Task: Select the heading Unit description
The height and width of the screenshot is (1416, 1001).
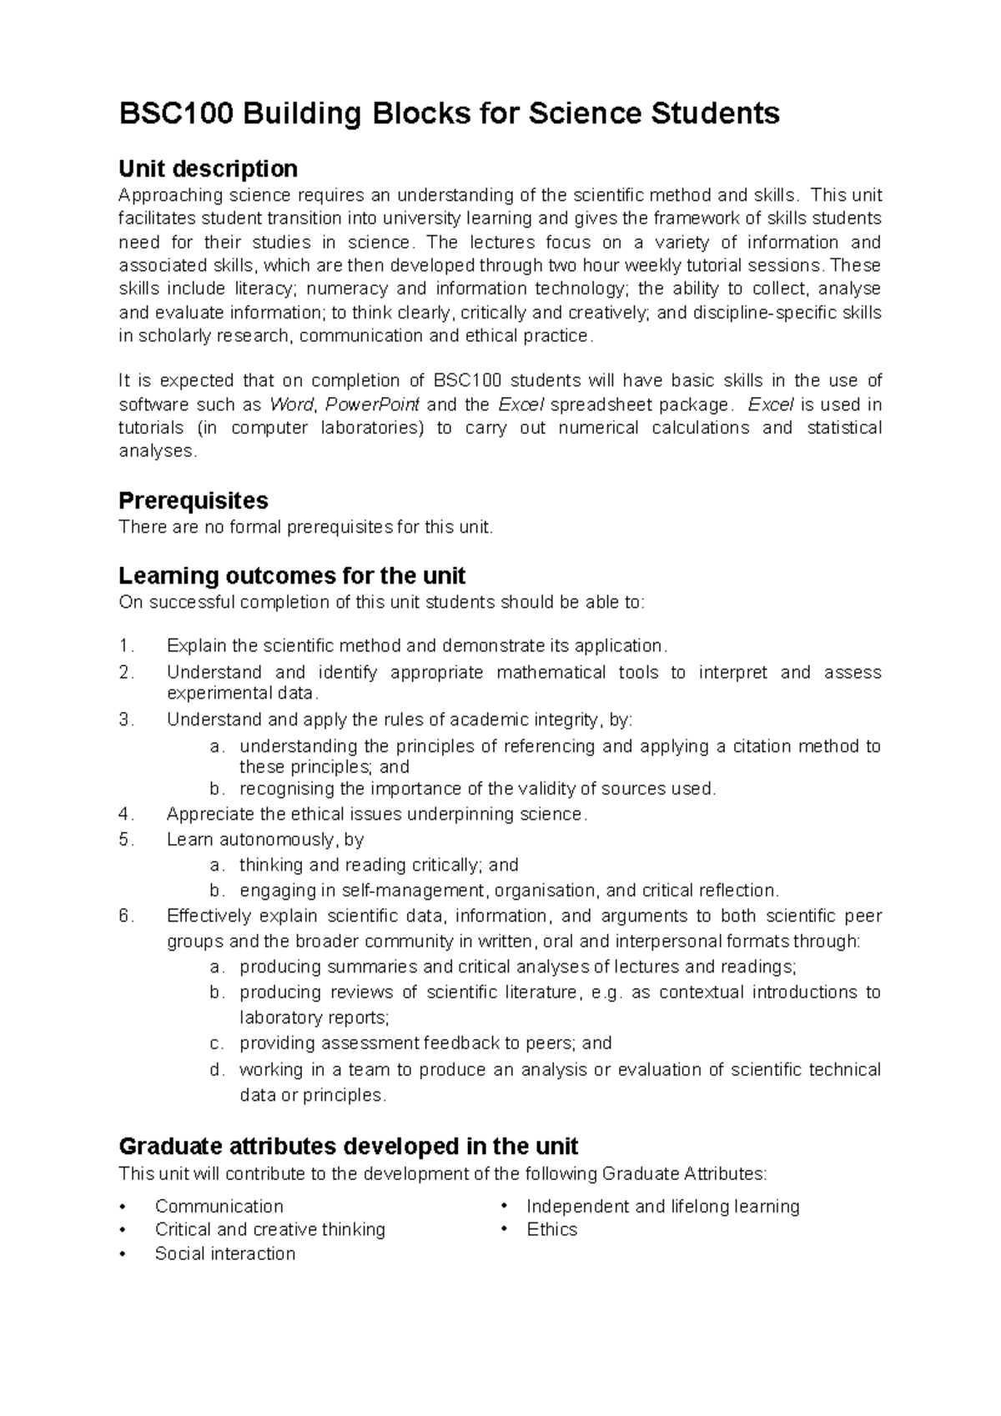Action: coord(208,169)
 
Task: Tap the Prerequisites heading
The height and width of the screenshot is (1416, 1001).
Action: coord(194,500)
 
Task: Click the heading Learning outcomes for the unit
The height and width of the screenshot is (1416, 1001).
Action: coord(292,575)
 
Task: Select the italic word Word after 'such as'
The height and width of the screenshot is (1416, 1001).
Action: coord(291,405)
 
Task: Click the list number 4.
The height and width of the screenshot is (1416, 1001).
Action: coord(125,814)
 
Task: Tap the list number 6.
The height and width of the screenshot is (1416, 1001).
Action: coord(125,916)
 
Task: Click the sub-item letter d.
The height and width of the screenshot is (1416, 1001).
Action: coord(217,1070)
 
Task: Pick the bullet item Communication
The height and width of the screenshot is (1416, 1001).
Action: coord(219,1206)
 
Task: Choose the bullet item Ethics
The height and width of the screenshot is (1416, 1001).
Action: coord(551,1229)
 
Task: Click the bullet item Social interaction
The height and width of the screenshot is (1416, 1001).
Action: coord(224,1253)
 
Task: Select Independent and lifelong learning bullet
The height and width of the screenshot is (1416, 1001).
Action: coord(662,1206)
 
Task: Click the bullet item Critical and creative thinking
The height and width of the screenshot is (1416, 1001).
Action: coord(269,1229)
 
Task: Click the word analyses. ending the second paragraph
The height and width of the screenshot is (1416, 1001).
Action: coord(158,451)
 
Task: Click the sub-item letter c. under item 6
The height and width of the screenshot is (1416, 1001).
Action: coord(217,1043)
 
